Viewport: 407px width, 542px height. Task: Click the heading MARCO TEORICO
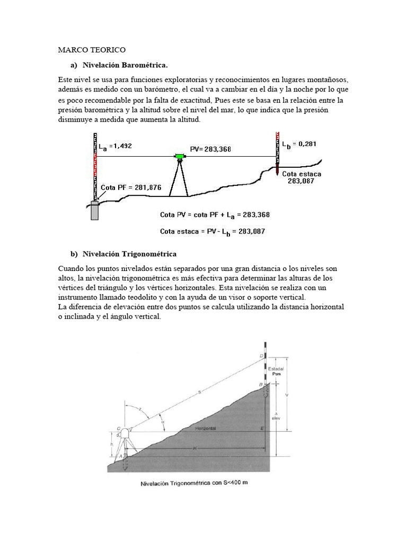tap(91, 50)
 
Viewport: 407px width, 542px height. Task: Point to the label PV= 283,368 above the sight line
tap(210, 150)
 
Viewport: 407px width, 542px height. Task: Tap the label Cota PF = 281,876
tap(131, 187)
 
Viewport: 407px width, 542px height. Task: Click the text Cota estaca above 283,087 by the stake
tap(301, 173)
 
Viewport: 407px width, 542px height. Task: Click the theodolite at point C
tap(127, 432)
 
